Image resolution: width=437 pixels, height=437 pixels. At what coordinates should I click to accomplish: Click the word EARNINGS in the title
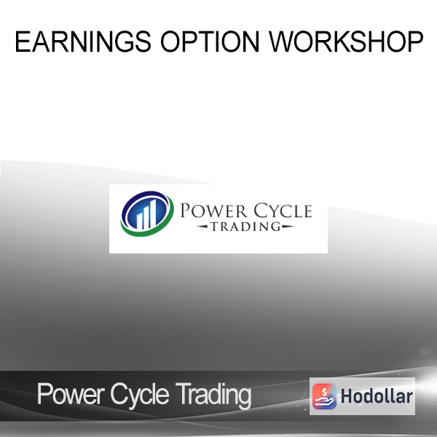[x=83, y=42]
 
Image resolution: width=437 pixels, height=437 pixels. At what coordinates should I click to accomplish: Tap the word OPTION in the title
[x=210, y=42]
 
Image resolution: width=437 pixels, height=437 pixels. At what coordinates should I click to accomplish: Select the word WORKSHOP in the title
[x=346, y=42]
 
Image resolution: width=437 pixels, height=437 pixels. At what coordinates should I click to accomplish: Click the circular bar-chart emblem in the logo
[x=147, y=213]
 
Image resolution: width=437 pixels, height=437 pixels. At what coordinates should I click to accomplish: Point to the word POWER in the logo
[x=213, y=211]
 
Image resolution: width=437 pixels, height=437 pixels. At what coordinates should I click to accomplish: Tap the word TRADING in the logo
[x=245, y=227]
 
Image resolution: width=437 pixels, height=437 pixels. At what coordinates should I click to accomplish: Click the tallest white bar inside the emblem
[x=152, y=213]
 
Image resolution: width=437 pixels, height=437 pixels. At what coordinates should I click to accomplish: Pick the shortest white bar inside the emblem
[x=139, y=221]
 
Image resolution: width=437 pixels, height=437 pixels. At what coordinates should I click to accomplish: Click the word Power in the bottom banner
[x=70, y=394]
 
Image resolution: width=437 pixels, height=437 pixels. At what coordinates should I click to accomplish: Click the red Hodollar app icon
[x=324, y=396]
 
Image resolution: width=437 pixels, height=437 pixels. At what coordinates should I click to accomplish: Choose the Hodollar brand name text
[x=377, y=396]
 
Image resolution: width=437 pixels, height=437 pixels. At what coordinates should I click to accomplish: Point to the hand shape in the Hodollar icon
[x=324, y=401]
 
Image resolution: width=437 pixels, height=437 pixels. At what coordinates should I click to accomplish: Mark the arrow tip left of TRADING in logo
[x=197, y=227]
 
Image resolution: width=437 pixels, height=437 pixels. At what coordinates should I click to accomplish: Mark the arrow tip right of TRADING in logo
[x=294, y=227]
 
